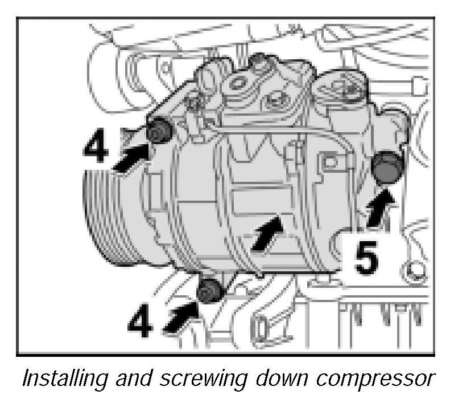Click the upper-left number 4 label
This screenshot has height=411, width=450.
(x=96, y=148)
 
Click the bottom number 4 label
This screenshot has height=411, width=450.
(x=140, y=321)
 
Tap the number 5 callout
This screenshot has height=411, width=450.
(x=366, y=258)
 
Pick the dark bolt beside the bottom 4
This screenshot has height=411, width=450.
(x=210, y=291)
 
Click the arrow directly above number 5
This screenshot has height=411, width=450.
(x=380, y=207)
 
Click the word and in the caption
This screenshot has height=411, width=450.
(x=134, y=378)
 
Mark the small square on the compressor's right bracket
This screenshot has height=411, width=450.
(x=330, y=162)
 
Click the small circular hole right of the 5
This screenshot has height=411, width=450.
(x=414, y=270)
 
